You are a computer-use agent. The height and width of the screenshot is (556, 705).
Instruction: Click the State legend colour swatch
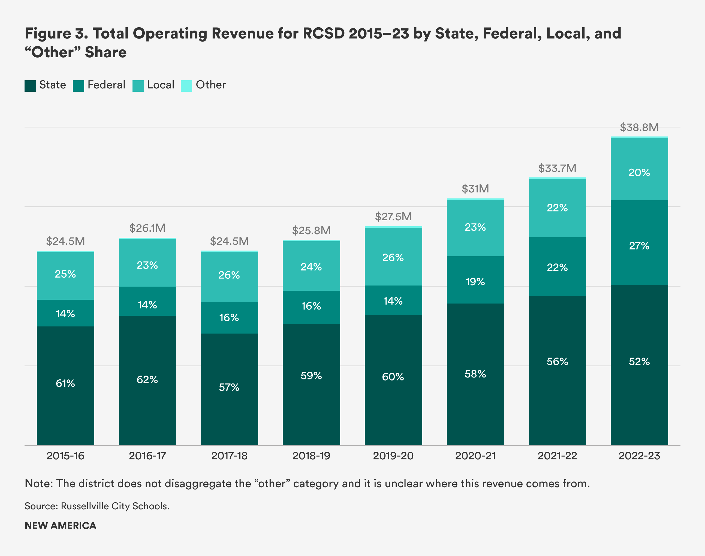tap(30, 86)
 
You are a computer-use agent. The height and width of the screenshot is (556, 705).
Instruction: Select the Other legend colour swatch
tap(186, 86)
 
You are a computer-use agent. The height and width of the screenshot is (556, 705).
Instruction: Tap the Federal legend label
tap(106, 85)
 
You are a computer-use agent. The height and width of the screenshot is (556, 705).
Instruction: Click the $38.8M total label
tap(639, 127)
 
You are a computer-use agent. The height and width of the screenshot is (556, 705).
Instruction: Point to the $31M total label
tap(475, 189)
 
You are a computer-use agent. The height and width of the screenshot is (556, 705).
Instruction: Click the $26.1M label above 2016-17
tap(147, 228)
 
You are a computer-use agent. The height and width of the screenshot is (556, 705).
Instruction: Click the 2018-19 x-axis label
tap(311, 456)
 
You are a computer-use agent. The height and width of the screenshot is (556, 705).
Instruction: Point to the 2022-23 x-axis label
tap(639, 456)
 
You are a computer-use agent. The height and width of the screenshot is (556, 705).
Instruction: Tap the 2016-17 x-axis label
tap(147, 456)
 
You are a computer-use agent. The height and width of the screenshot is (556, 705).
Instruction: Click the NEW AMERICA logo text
tap(61, 526)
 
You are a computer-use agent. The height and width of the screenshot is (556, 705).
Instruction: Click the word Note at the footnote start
tap(38, 483)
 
